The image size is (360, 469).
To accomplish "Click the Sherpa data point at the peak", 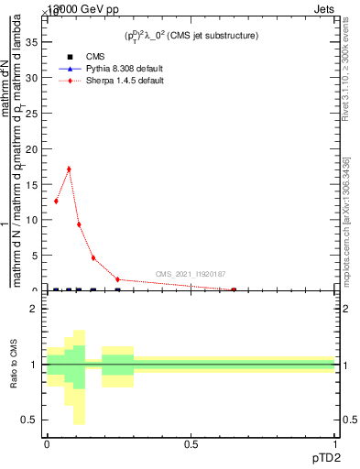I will pos(69,169).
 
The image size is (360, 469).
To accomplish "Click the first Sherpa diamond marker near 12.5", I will pos(56,202).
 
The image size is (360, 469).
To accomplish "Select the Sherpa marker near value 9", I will pos(79,224).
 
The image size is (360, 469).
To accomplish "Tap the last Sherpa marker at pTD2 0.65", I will pos(234,289).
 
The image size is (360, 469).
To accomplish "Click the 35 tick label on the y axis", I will pos(31,42).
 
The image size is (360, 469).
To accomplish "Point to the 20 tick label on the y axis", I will pos(31,148).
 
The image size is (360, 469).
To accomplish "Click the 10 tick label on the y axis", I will pos(31,220).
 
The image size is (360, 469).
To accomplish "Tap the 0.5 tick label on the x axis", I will pos(191,443).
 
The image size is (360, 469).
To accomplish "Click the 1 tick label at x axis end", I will pos(335,443).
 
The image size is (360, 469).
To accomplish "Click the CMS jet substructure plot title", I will pos(191,35).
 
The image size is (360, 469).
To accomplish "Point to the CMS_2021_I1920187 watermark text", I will pos(191,274).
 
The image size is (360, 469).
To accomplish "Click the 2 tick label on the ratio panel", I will pos(34,309).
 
